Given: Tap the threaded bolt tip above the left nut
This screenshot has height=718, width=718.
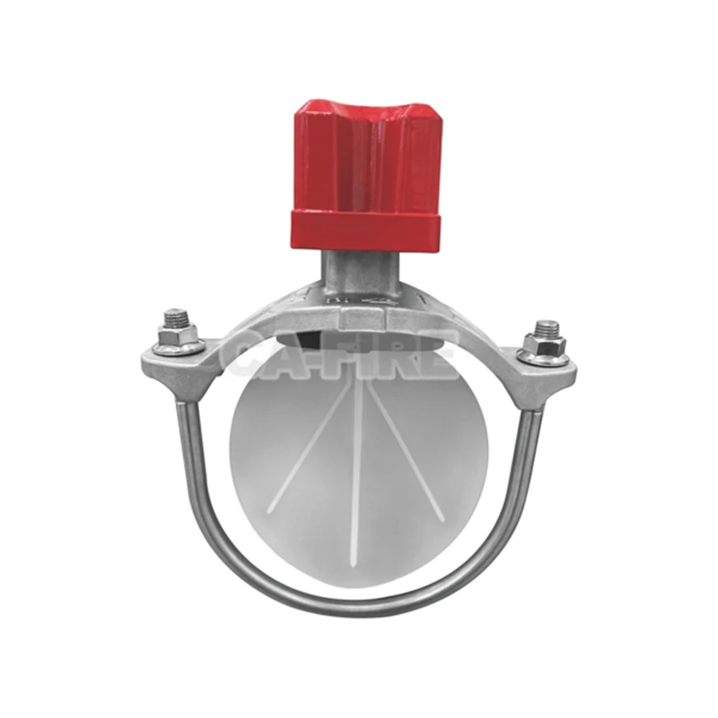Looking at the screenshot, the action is (176, 316).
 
